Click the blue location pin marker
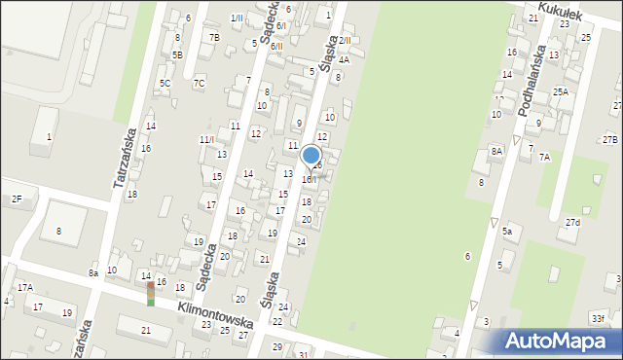click(311, 156)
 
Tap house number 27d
click(572, 223)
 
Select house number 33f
click(597, 317)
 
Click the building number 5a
click(507, 232)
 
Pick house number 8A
click(496, 151)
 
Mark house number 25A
click(561, 91)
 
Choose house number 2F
click(16, 198)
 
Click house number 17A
click(24, 287)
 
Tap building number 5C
click(165, 84)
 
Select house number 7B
click(214, 37)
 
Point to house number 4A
click(343, 58)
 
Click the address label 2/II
click(345, 41)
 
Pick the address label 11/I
click(206, 139)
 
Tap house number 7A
click(544, 157)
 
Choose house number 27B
click(609, 140)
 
